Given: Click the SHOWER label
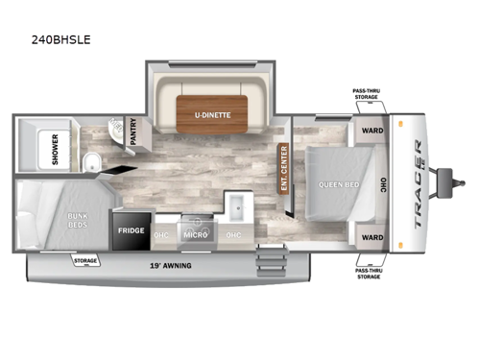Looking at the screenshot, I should click(x=56, y=148).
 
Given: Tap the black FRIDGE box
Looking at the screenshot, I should click(x=132, y=231).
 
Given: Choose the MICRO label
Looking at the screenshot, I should click(x=195, y=233).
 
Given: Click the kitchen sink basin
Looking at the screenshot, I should click(x=236, y=205).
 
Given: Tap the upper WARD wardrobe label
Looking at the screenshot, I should click(x=372, y=132).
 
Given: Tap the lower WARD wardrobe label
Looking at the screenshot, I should click(x=372, y=236).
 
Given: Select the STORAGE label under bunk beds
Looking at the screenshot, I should click(x=85, y=259).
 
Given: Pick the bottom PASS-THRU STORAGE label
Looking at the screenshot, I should click(x=370, y=274).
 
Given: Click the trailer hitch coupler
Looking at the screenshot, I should click(x=446, y=178).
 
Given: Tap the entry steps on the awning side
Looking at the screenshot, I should click(x=274, y=261).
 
